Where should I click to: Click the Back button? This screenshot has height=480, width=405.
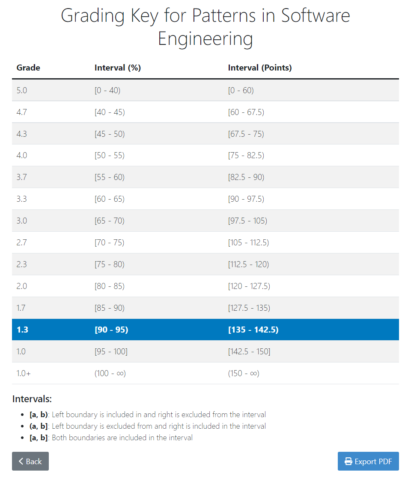[x=30, y=461]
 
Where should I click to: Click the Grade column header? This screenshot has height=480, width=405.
[x=28, y=68]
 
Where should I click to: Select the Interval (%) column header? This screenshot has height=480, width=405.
[x=118, y=68]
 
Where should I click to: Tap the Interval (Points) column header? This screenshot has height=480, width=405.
[x=260, y=68]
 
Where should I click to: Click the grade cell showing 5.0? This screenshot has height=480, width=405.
[x=22, y=90]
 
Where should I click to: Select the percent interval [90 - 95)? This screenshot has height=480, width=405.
[x=111, y=330]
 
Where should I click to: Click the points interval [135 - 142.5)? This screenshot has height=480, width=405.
[x=253, y=330]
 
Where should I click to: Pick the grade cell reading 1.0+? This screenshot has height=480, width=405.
[x=24, y=373]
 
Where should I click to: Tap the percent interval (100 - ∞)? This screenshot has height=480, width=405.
[x=110, y=373]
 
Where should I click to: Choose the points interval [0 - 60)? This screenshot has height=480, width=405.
[x=241, y=90]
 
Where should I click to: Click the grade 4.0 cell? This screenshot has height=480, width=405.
[x=22, y=155]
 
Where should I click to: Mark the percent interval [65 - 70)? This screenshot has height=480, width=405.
[x=110, y=221]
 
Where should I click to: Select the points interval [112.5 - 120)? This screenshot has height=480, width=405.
[x=249, y=264]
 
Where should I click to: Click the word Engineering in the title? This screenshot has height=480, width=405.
[x=205, y=39]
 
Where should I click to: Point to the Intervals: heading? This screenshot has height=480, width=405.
[x=32, y=399]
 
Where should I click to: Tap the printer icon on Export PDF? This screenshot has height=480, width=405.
[x=348, y=461]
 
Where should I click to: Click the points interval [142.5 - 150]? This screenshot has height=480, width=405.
[x=249, y=351]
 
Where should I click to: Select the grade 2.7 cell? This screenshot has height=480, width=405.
[x=22, y=242]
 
